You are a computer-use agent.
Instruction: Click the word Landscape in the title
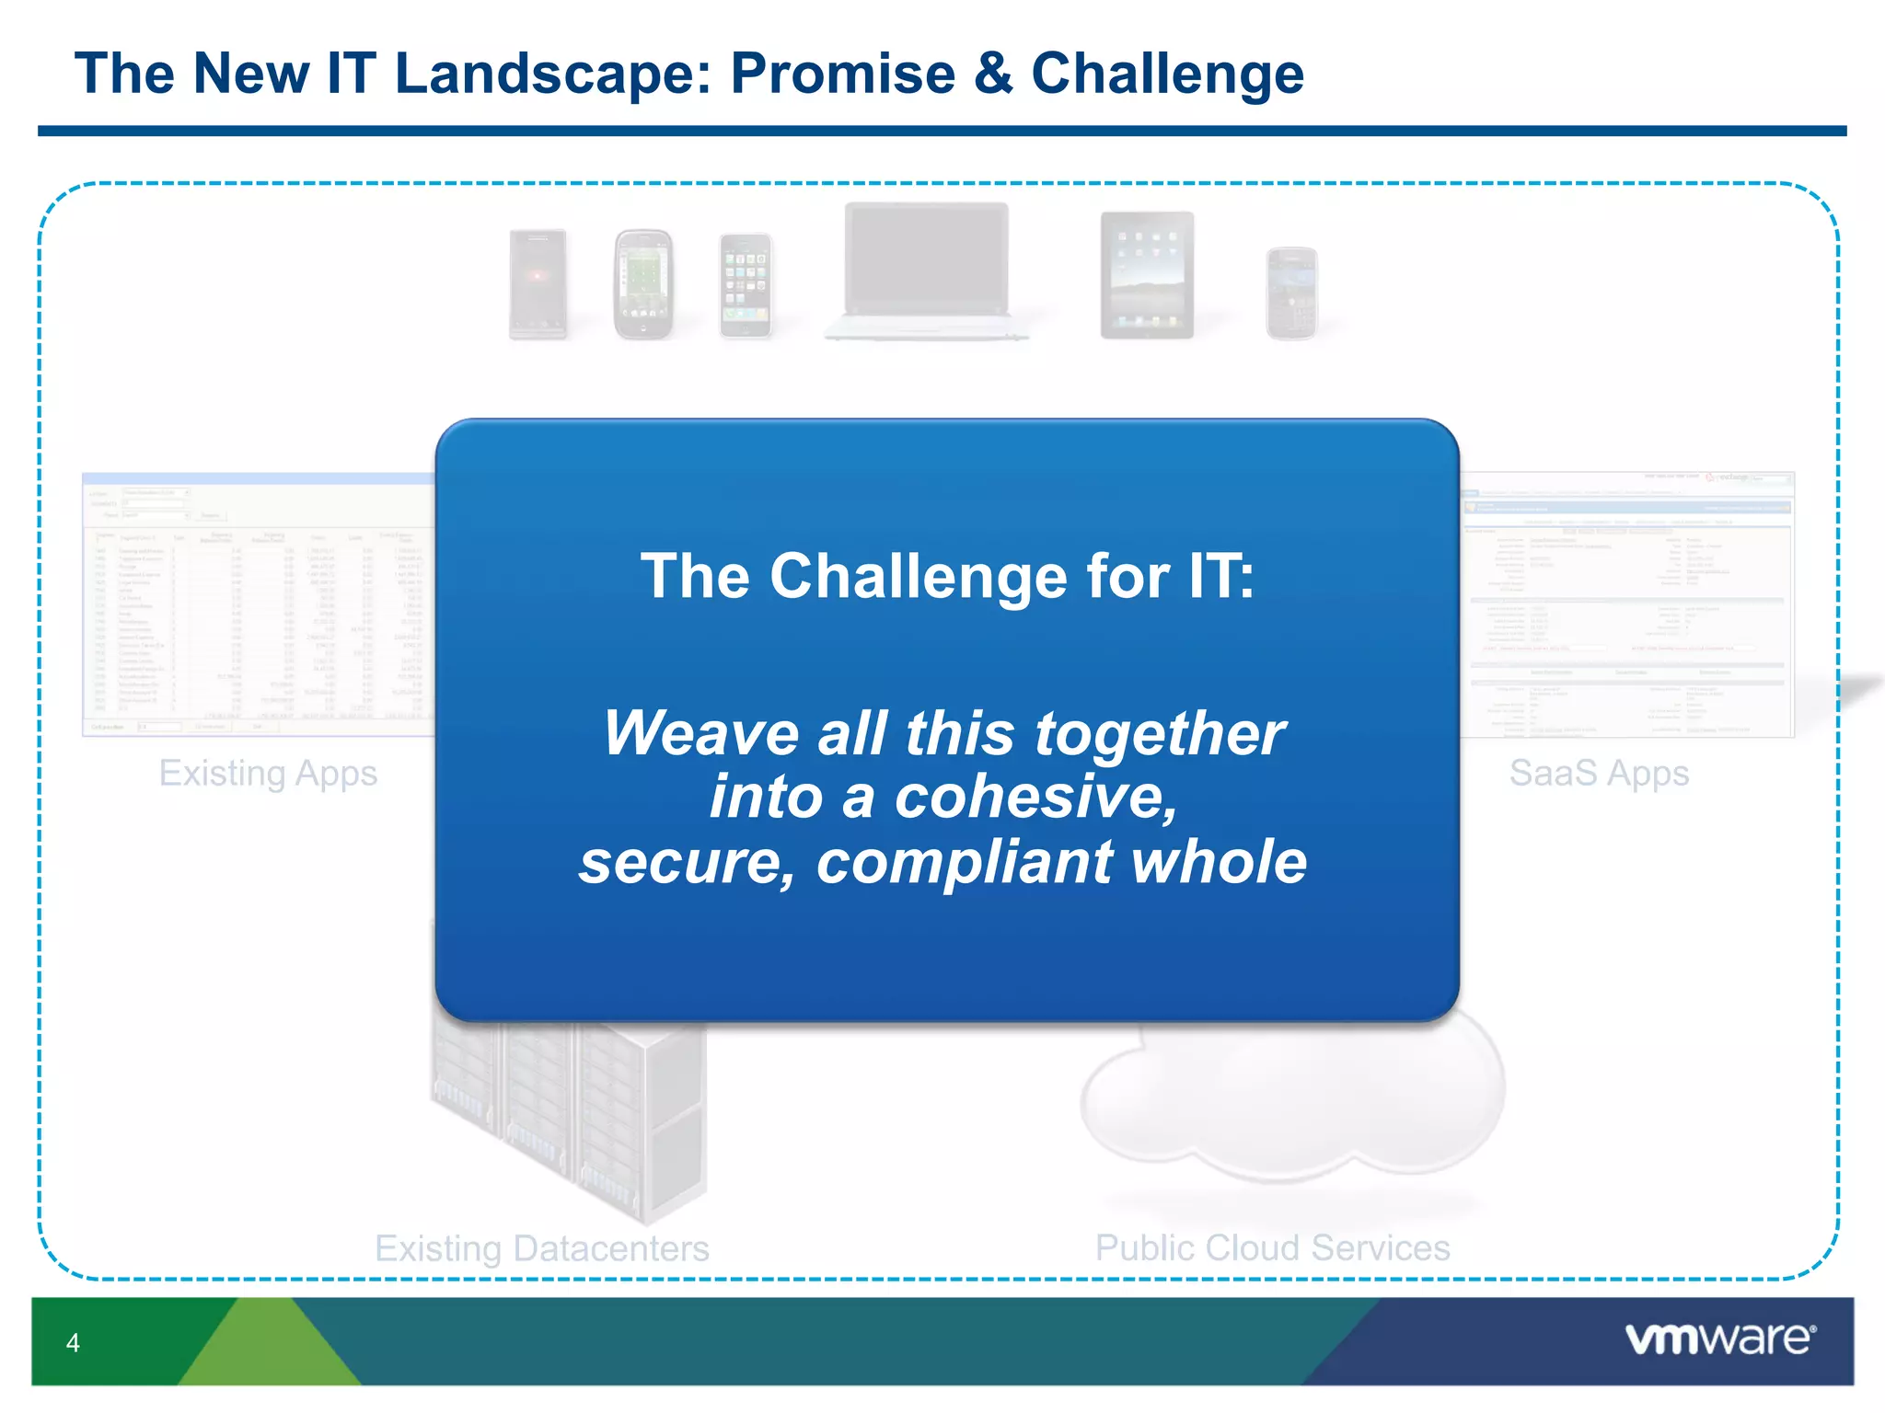[552, 74]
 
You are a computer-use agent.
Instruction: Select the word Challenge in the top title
[1167, 74]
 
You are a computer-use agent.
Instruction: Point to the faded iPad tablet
[1147, 275]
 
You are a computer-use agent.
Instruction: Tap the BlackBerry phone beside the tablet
[1291, 293]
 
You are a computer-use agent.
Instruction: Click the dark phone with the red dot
[538, 283]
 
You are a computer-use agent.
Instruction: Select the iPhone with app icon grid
[745, 285]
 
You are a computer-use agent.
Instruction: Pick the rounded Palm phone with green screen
[642, 284]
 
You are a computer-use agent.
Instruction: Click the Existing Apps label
[268, 774]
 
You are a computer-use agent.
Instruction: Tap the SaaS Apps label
[1599, 774]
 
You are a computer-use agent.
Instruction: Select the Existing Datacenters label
[542, 1248]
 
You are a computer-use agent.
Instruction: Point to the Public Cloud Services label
[1272, 1248]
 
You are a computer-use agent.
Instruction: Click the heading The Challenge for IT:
[947, 577]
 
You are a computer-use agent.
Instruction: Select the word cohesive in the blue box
[1035, 797]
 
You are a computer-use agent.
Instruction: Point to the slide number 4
[73, 1343]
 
